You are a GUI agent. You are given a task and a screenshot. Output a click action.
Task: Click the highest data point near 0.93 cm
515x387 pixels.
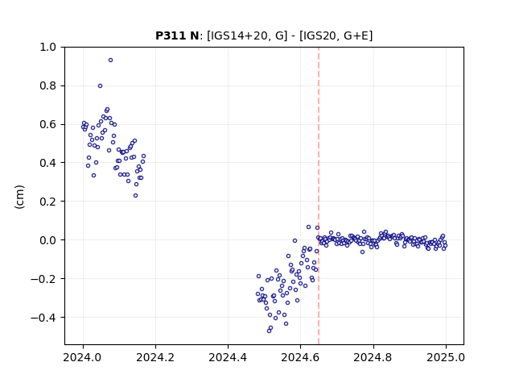click(x=111, y=60)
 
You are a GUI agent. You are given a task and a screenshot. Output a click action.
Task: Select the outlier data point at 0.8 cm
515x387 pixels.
click(x=100, y=86)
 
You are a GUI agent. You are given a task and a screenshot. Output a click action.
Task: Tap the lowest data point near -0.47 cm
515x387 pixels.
click(x=269, y=331)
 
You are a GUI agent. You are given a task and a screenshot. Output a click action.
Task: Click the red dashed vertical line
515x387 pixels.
click(x=319, y=196)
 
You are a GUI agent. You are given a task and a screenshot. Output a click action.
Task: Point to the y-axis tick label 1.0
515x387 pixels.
click(x=47, y=47)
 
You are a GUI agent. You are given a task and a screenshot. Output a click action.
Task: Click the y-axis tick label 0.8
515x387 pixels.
click(x=47, y=86)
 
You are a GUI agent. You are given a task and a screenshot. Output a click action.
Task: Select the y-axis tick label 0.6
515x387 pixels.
click(x=47, y=124)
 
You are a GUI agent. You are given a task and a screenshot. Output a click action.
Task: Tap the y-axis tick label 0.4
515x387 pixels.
click(x=47, y=163)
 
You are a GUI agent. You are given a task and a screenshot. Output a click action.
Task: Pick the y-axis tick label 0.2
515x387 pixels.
click(x=47, y=202)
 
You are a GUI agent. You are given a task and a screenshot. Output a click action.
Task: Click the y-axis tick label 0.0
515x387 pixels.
click(x=47, y=240)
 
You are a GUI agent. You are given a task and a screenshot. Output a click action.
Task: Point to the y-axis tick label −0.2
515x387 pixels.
click(x=43, y=279)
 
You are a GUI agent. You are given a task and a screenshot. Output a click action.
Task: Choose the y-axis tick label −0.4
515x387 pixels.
click(x=43, y=318)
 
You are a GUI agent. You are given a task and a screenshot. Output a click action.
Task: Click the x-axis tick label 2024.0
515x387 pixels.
click(x=83, y=357)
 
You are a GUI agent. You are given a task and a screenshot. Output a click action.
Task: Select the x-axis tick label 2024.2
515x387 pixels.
click(x=155, y=357)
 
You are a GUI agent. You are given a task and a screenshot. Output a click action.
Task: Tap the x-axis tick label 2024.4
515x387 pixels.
click(x=228, y=357)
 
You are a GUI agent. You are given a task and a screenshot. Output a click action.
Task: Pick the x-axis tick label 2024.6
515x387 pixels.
click(x=300, y=357)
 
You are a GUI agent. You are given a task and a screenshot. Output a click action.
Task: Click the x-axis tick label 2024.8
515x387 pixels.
click(x=373, y=357)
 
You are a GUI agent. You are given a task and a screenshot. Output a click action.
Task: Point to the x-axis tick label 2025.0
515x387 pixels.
click(x=446, y=357)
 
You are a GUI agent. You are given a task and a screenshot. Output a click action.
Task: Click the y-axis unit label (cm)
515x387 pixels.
click(x=19, y=197)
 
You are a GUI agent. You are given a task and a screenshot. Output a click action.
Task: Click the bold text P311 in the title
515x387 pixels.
click(x=171, y=35)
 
